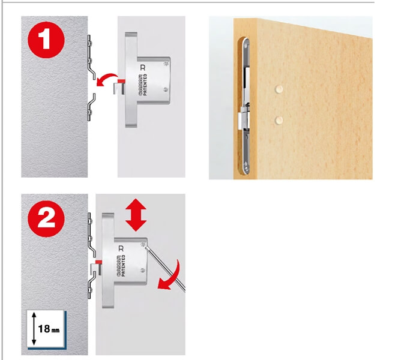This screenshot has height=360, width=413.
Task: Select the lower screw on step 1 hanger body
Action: [x=166, y=91]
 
